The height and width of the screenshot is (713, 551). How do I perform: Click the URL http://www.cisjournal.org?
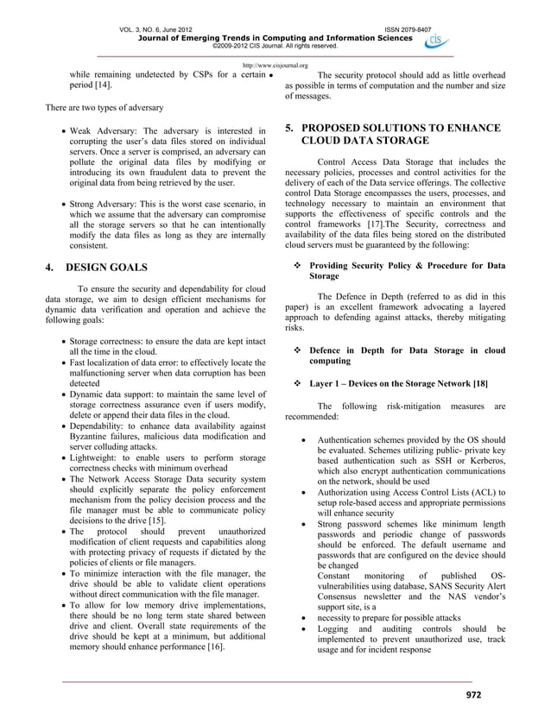tap(275, 66)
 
